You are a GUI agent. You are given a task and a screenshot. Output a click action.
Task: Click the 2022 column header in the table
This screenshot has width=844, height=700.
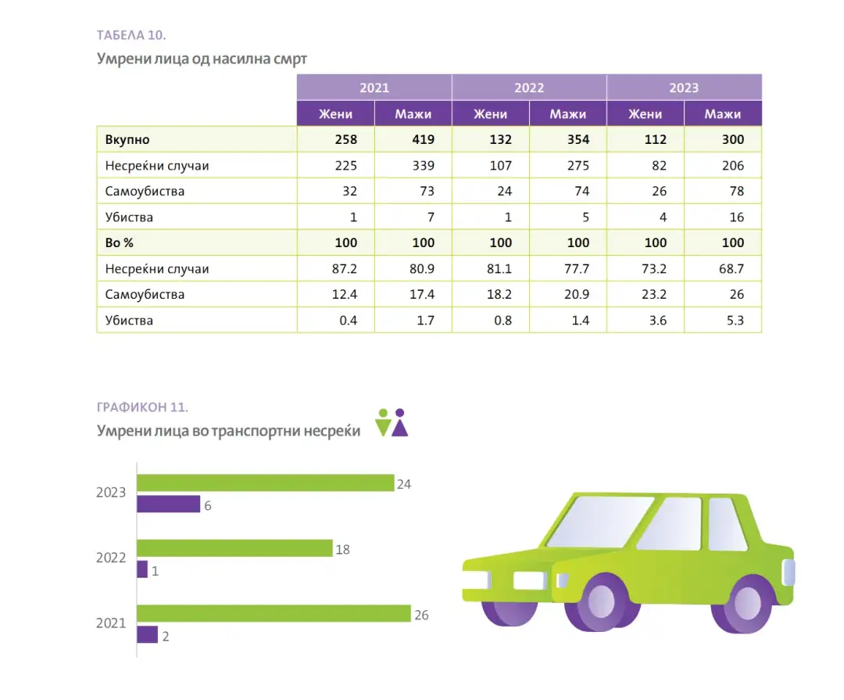[x=529, y=88]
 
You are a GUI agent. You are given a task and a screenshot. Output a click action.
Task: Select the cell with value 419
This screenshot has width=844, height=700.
[x=413, y=140]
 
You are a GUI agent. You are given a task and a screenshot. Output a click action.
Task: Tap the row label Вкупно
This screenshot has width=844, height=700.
[x=127, y=140]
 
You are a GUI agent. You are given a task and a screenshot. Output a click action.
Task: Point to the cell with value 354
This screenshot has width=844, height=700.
[x=568, y=140]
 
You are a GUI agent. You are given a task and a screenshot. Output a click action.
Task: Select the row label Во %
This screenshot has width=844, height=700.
[x=120, y=243]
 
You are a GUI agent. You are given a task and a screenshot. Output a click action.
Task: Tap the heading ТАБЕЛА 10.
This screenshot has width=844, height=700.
[x=131, y=35]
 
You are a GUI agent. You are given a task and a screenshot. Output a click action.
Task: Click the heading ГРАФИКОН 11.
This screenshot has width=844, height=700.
[x=143, y=407]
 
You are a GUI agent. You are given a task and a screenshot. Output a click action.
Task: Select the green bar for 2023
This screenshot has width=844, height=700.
[x=265, y=483]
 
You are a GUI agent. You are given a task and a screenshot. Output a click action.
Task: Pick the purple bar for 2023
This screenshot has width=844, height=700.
[x=168, y=504]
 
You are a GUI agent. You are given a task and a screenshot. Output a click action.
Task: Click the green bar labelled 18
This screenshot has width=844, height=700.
[x=234, y=548]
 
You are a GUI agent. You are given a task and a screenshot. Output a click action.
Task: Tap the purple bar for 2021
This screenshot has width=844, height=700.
[x=147, y=635]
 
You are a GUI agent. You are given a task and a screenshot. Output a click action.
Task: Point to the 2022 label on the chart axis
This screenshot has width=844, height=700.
[x=111, y=558]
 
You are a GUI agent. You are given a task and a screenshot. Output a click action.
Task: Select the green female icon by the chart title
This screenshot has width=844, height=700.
[x=382, y=423]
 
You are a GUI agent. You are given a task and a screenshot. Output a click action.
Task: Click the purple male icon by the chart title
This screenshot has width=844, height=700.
[x=400, y=423]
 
